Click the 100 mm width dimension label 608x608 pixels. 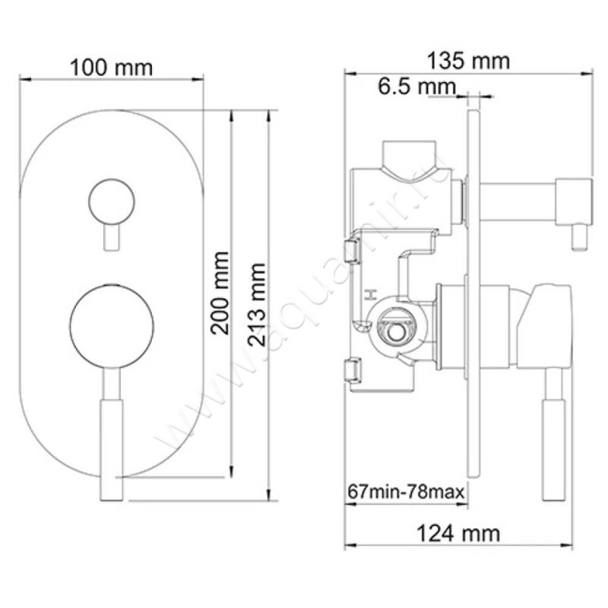coord(111,67)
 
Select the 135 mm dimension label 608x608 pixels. coord(469,60)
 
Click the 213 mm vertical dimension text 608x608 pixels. coord(257,304)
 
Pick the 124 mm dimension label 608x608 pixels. coord(458,533)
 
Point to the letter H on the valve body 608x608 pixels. coord(372,293)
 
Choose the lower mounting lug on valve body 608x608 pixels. coord(353,370)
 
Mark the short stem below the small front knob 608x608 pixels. coord(111,237)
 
